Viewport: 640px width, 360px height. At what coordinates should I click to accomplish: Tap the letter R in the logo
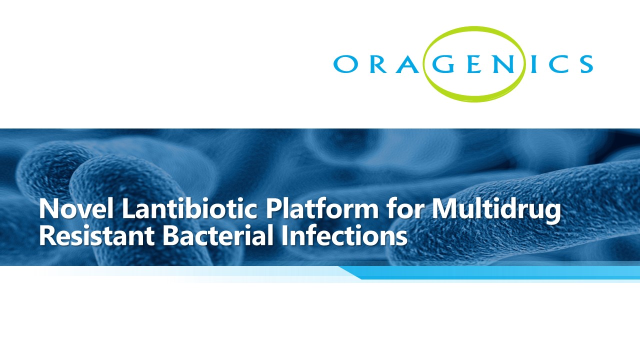pyautogui.click(x=379, y=64)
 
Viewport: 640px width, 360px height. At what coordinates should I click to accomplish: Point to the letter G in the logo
pyautogui.click(x=443, y=64)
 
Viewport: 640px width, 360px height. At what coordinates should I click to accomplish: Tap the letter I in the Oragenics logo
pyautogui.click(x=533, y=64)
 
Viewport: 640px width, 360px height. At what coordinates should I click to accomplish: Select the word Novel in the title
pyautogui.click(x=76, y=209)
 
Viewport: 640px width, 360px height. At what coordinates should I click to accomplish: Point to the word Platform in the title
pyautogui.click(x=322, y=209)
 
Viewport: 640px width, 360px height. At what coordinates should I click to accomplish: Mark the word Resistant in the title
pyautogui.click(x=97, y=236)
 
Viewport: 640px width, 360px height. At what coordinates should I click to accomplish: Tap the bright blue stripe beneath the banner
pyautogui.click(x=491, y=273)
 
